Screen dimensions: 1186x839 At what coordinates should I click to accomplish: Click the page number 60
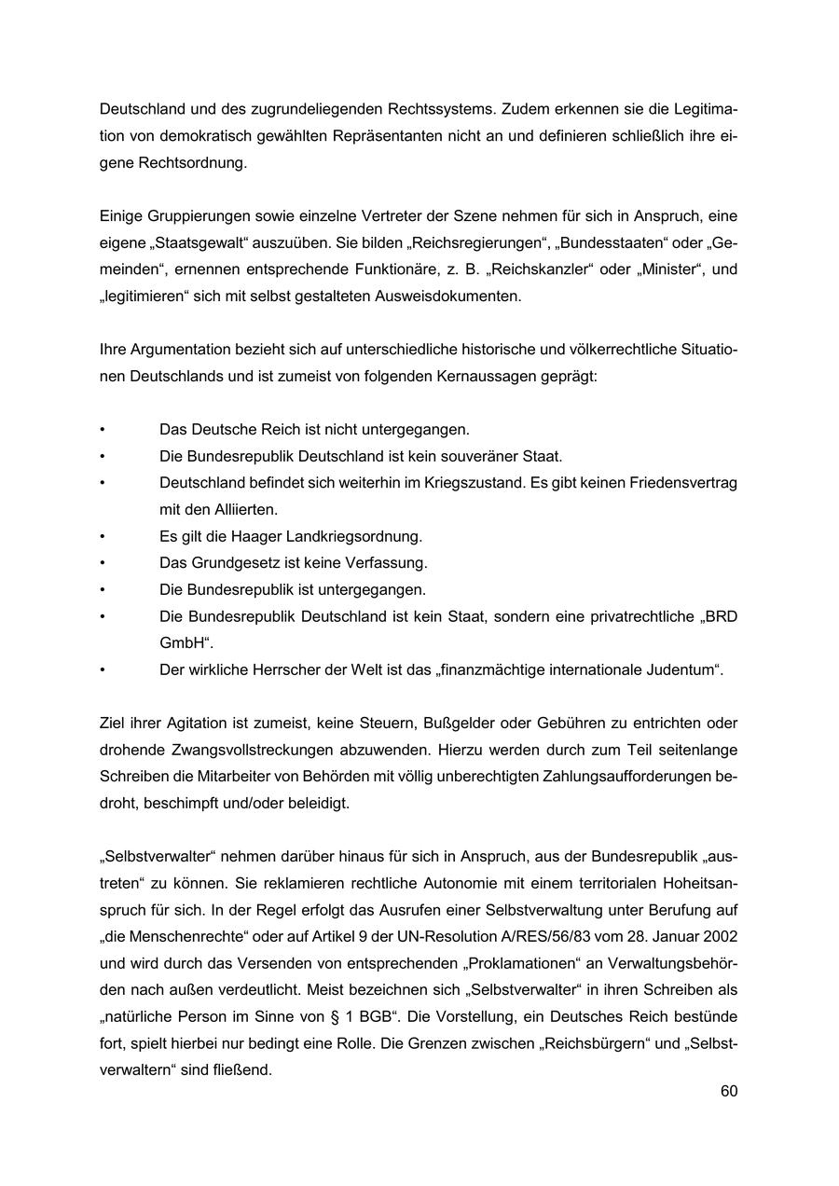(x=728, y=1091)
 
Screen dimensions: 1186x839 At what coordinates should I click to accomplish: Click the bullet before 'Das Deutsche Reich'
(x=103, y=430)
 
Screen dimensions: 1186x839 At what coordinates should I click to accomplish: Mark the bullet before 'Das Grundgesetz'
(x=103, y=563)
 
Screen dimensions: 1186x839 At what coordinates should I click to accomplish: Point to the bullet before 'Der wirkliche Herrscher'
(x=103, y=670)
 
